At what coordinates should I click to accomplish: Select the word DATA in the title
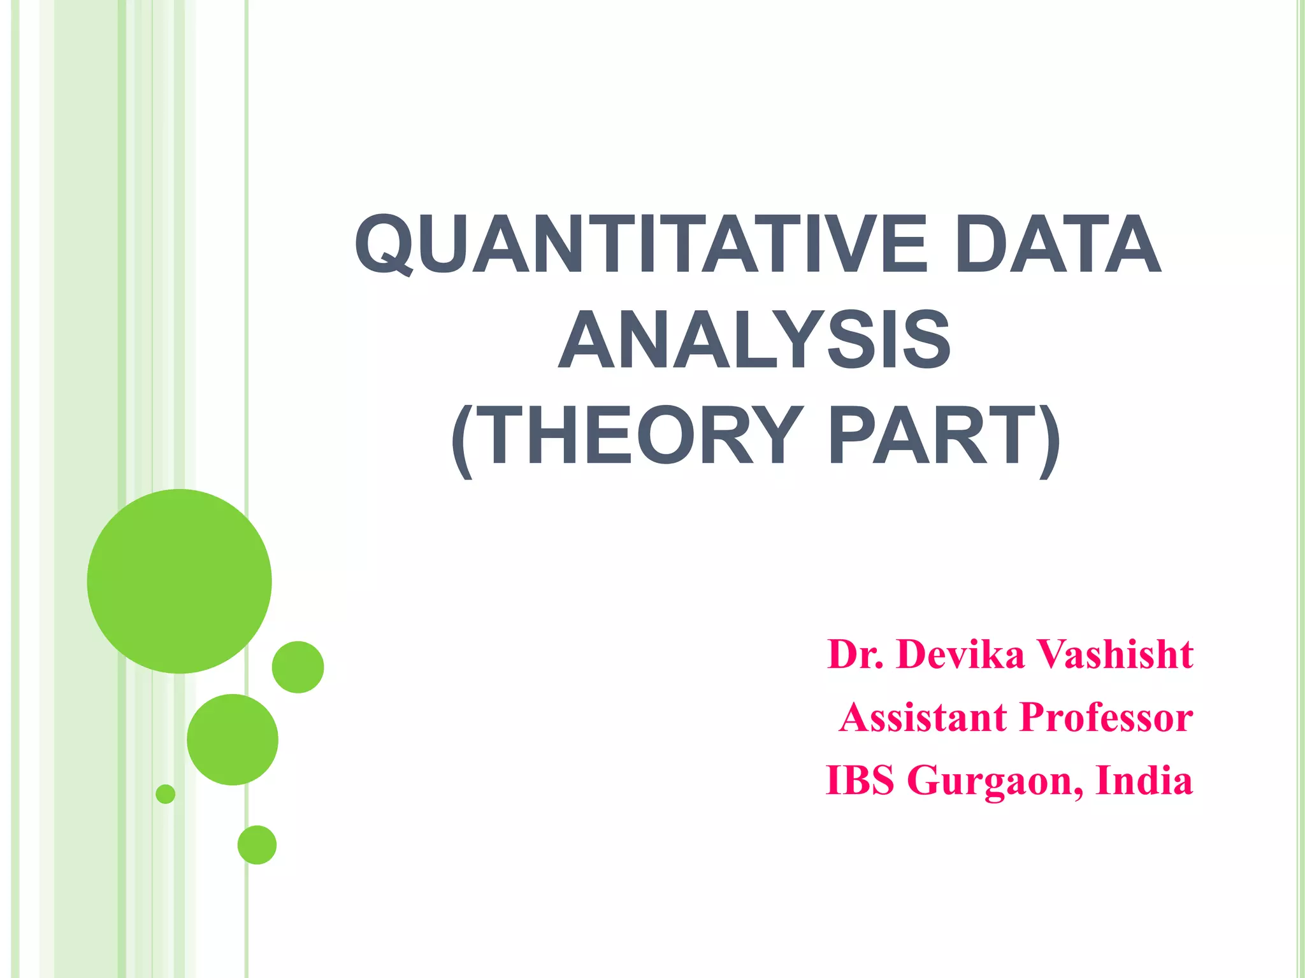coord(1058,244)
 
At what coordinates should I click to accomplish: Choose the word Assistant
coord(923,718)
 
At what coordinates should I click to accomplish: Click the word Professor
coord(1106,718)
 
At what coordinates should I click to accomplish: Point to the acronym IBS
coord(860,781)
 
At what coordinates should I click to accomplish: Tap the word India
coord(1144,781)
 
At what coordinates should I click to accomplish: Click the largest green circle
coord(180,581)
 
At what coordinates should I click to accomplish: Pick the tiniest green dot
coord(166,794)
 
